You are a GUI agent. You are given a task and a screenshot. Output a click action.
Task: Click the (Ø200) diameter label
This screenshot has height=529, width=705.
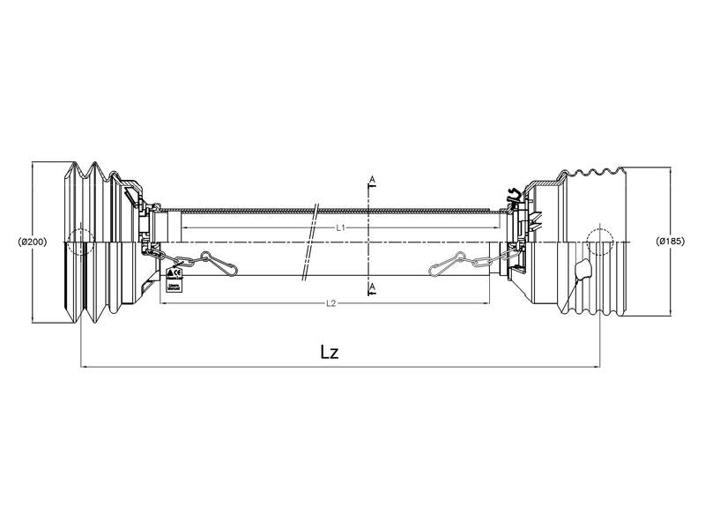pos(32,241)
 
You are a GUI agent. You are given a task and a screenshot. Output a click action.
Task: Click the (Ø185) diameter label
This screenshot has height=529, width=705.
pos(671,241)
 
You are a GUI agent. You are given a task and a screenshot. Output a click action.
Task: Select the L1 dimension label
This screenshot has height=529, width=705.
pos(340,227)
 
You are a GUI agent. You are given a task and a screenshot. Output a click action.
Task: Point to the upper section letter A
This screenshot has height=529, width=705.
pos(372,180)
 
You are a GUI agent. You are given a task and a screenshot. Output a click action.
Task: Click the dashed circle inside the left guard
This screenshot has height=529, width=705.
pos(79,241)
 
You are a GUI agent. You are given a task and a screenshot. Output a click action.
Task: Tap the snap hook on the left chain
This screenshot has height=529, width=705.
pos(216,262)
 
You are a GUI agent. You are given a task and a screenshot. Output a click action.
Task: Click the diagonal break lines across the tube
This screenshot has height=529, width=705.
pos(309,242)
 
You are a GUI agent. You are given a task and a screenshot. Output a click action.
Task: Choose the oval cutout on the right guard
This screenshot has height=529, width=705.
pos(580,269)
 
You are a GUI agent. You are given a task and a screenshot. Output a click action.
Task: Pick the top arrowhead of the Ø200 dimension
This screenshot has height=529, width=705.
pos(33,164)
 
